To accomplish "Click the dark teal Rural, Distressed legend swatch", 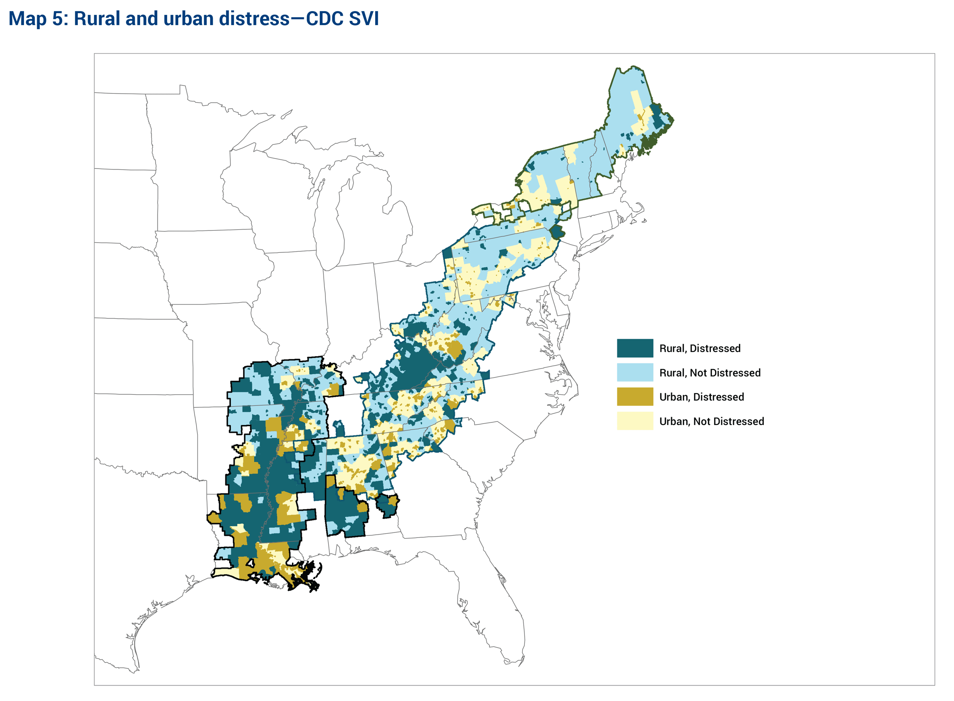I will (x=634, y=348).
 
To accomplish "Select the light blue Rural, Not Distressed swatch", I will (x=634, y=372).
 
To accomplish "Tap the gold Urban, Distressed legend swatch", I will (x=634, y=396).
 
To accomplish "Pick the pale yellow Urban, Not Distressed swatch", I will (x=634, y=421).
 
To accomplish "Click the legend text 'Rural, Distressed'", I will (x=700, y=348).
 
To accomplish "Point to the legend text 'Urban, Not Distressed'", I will (x=711, y=421).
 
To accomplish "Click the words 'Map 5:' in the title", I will (x=38, y=19).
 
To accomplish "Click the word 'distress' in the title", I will (x=254, y=19).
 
